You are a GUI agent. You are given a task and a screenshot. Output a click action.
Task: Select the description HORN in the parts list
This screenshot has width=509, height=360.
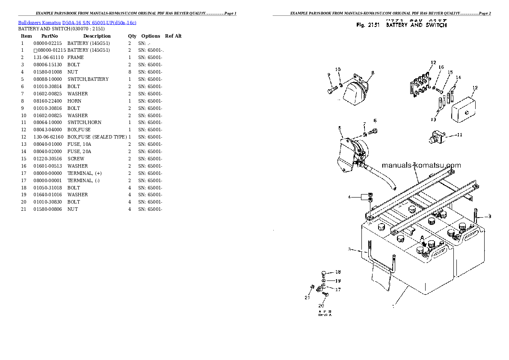[x=74, y=101]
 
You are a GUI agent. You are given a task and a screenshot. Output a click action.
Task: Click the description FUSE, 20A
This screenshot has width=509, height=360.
[x=79, y=151]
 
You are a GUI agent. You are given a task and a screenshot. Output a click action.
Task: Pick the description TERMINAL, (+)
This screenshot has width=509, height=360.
[x=84, y=173]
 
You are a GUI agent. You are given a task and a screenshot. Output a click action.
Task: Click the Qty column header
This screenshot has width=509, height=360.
[x=132, y=36]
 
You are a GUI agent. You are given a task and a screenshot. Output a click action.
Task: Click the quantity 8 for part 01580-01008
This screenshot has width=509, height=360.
[x=130, y=72]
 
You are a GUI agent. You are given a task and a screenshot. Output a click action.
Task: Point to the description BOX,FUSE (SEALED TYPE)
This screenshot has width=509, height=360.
[x=97, y=137]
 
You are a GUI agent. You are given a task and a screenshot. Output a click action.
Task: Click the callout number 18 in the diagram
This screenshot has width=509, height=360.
[x=337, y=272]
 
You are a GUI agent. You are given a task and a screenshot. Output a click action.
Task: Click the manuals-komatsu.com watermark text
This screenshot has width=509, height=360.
[x=421, y=165]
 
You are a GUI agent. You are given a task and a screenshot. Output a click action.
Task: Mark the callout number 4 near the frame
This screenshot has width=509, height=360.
[x=349, y=197]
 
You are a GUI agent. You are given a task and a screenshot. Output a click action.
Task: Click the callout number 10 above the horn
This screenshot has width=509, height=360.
[x=337, y=69]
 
